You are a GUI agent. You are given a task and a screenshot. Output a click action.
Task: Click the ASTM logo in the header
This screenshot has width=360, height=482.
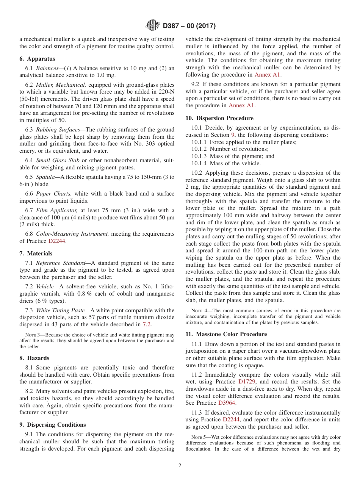point(153,26)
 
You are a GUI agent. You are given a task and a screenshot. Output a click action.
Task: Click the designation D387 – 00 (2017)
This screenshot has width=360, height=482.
point(189,26)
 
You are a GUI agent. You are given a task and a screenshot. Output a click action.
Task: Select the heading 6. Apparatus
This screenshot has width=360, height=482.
point(37,59)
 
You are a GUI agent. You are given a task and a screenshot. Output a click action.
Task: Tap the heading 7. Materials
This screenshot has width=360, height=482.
point(36,254)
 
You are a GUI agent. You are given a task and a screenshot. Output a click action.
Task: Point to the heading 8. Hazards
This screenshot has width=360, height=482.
point(34,358)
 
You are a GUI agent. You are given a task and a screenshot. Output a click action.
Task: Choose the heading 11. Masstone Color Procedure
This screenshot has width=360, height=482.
point(226,334)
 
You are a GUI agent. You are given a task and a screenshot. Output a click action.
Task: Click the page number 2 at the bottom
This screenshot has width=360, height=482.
point(180,466)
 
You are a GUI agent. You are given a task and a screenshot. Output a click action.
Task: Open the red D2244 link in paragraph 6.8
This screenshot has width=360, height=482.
point(56,241)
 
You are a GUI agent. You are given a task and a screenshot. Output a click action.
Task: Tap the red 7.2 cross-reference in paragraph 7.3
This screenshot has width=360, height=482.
point(147,324)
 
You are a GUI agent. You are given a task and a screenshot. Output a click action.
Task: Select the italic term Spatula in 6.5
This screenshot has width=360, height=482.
point(45,177)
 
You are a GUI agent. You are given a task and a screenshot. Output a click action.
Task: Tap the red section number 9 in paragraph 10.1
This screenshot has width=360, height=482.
point(233,135)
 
